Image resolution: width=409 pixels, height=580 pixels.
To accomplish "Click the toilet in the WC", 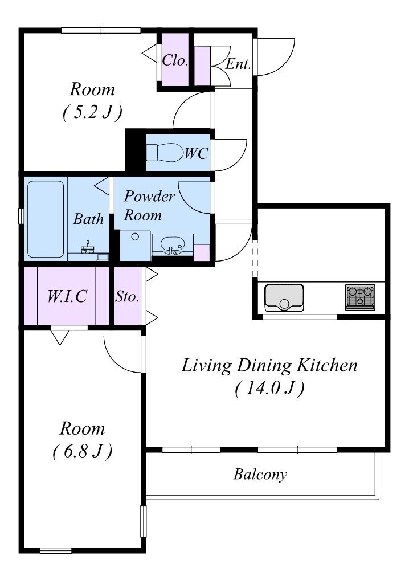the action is point(165,152).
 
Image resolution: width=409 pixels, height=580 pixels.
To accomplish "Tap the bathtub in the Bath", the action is point(46,219).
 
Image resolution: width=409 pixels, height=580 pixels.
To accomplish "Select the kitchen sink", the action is point(284,297).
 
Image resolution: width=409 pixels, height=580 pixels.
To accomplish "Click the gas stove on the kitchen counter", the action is point(360,297).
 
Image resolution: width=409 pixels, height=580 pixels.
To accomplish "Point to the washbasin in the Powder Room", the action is point(173,244).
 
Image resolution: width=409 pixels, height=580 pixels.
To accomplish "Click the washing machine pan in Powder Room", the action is point(135,246).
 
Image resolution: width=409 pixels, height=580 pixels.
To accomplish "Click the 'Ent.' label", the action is point(238,64).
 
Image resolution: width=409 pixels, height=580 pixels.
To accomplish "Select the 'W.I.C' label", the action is point(67,296).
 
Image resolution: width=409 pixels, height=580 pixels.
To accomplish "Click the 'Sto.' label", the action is point(127,296).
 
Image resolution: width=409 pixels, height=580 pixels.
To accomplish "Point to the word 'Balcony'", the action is point(260,474).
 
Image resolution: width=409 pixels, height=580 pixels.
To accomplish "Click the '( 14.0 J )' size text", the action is point(269,388).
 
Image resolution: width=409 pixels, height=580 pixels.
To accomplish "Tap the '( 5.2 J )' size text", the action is point(92,112).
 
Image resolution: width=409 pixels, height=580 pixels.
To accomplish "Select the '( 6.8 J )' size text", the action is point(83,451).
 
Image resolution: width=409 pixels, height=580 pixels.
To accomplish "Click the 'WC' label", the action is point(197,153).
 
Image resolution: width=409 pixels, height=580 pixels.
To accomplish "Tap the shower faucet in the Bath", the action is point(88,247).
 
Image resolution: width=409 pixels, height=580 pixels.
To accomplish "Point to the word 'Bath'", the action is point(88,219).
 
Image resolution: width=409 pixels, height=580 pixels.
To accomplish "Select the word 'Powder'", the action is point(149,196).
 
